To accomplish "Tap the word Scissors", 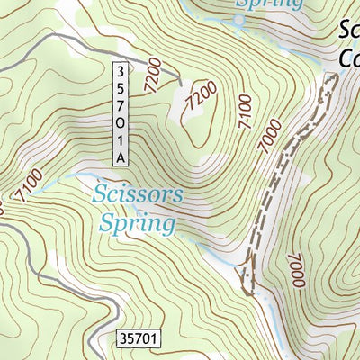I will (138, 193).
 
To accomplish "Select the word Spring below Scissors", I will (137, 221).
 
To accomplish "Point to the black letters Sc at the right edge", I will (349, 31).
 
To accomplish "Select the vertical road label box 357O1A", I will (121, 113).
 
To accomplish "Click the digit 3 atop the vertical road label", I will (121, 69).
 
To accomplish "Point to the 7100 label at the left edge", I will (27, 187).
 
